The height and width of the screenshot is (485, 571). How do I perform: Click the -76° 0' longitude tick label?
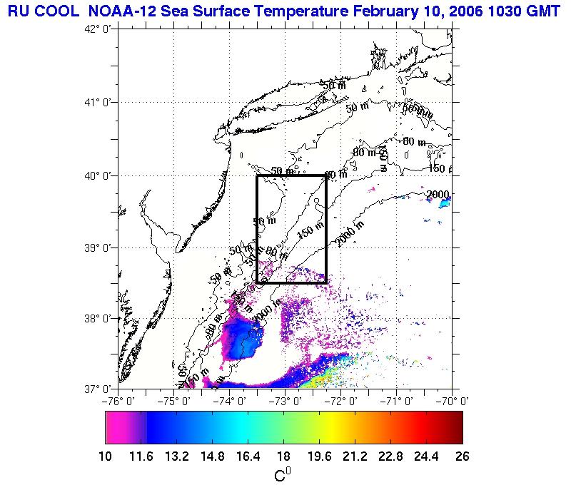[118, 401]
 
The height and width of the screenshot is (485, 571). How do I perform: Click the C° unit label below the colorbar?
[283, 473]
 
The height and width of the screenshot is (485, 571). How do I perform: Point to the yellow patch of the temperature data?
[325, 374]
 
